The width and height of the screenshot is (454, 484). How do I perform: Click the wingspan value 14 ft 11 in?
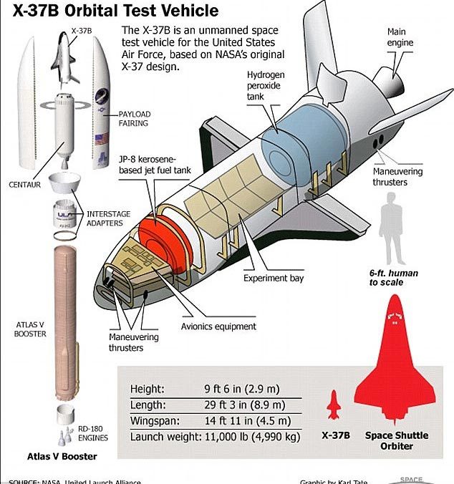246,420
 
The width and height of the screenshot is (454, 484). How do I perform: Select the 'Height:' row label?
147,389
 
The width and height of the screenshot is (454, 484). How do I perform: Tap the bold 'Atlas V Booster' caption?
62,455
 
